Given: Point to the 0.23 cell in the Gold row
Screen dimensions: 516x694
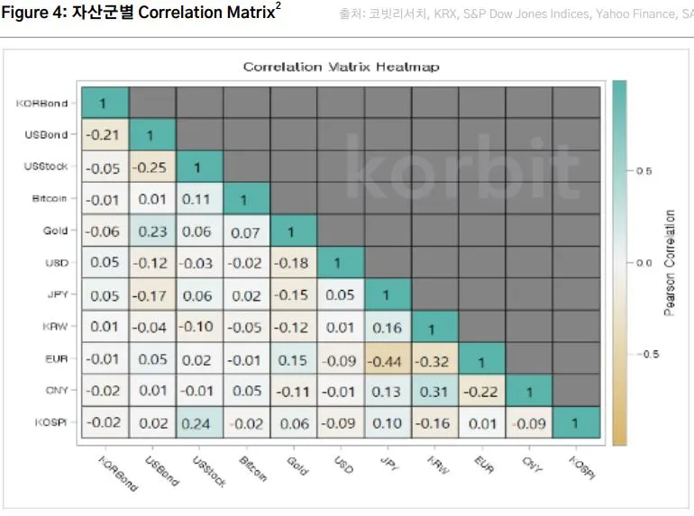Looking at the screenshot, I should click(152, 231).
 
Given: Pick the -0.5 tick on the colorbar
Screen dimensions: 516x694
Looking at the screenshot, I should click(644, 354).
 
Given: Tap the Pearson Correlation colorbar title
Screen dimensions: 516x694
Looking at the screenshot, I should click(669, 263).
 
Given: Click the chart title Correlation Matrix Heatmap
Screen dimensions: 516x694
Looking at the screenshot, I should click(341, 68).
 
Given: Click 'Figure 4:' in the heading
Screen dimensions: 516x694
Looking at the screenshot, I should click(37, 13).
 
